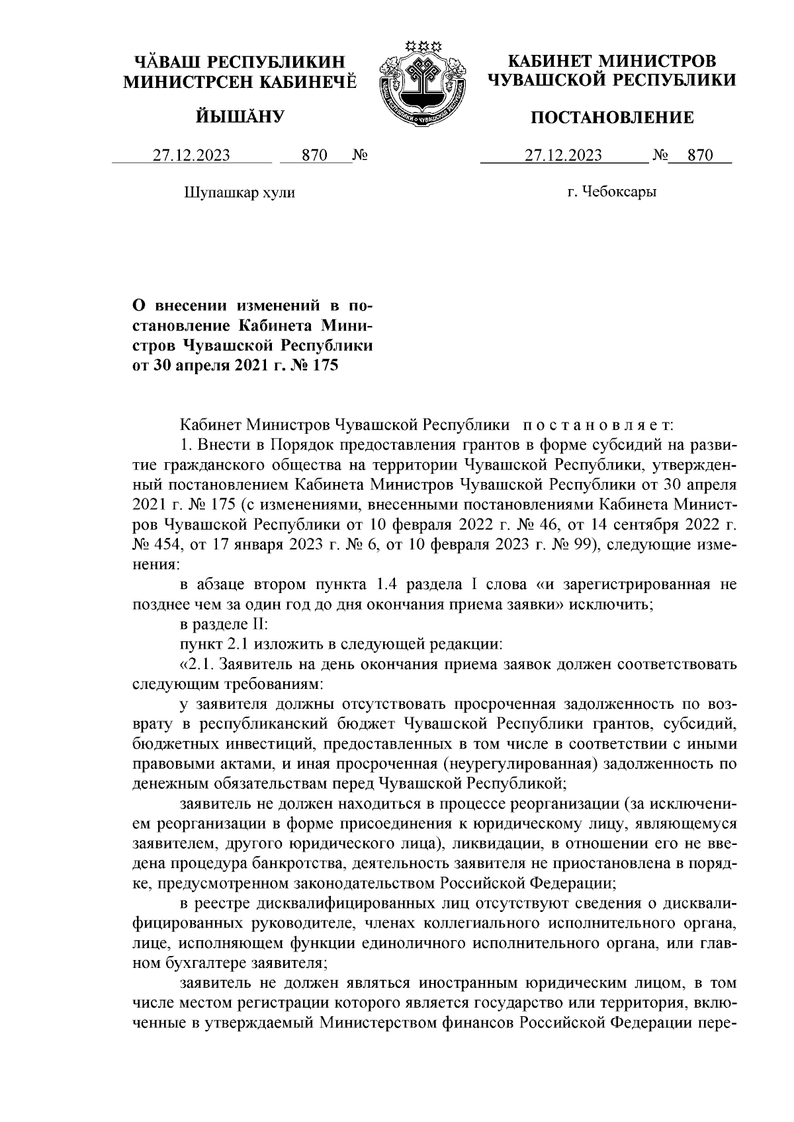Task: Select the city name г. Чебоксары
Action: [x=612, y=192]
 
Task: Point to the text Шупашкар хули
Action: [x=238, y=192]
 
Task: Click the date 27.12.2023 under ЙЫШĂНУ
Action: [x=192, y=155]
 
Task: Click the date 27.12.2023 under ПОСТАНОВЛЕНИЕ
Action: [x=563, y=155]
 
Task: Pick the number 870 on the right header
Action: [x=701, y=155]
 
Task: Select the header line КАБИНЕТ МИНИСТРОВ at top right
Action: [x=612, y=61]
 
